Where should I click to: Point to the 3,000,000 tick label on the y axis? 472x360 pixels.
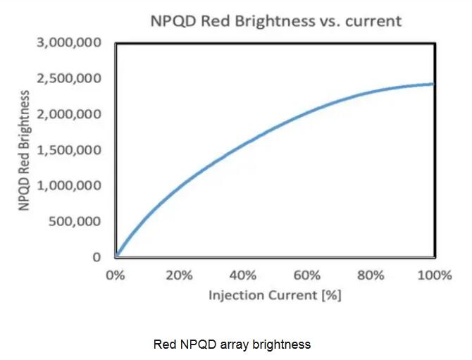68,43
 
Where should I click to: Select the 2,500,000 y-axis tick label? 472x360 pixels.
68,78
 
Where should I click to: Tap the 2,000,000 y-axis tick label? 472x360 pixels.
68,114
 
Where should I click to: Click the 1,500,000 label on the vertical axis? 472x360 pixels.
68,150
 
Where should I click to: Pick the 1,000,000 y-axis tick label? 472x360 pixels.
68,186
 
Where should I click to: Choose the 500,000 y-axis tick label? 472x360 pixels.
73,221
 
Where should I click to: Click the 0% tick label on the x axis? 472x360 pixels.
115,275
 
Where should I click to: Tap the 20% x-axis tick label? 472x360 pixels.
179,275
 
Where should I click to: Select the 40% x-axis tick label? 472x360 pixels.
242,275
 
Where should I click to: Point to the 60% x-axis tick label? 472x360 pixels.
306,275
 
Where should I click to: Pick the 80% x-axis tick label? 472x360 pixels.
370,275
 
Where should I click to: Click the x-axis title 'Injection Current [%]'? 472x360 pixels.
274,295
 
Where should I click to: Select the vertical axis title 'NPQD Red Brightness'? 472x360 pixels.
25,151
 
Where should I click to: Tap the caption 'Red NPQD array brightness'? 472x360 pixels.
232,345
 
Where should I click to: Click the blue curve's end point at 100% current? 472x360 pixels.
433,84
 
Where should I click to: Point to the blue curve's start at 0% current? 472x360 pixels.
118,255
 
